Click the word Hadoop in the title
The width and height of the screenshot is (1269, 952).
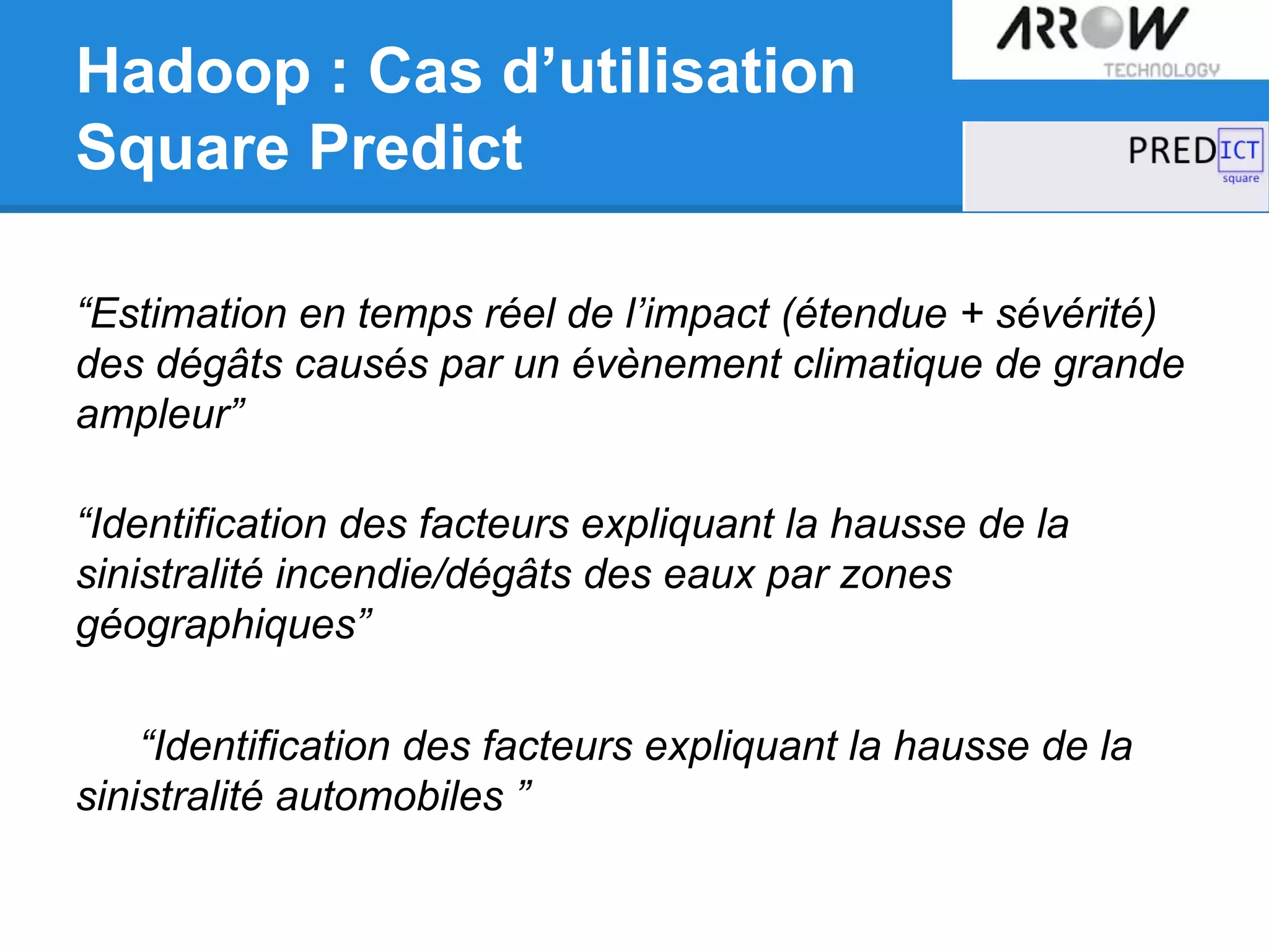click(193, 73)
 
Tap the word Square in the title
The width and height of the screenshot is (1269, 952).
click(183, 148)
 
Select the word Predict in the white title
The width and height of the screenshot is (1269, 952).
click(416, 148)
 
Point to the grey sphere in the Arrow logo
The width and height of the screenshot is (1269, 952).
click(1102, 27)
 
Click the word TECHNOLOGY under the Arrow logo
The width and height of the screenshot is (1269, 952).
click(1161, 70)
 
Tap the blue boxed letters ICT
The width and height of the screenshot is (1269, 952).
click(1240, 150)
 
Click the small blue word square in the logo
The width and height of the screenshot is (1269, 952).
click(1240, 178)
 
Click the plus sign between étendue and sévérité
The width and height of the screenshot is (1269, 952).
click(972, 312)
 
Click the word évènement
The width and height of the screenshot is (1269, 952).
click(676, 364)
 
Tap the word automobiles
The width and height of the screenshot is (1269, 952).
click(389, 796)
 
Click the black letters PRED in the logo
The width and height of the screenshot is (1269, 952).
click(1172, 151)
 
